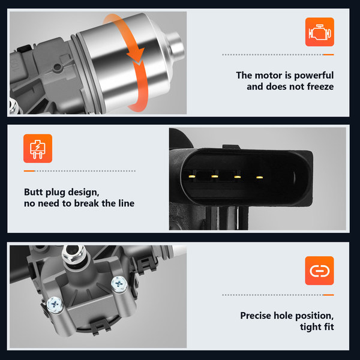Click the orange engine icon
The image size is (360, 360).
point(319,32)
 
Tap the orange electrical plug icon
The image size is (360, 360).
point(38,149)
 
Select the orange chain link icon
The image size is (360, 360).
point(319,271)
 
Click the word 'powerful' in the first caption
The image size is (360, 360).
point(314,76)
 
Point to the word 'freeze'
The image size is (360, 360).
point(320,86)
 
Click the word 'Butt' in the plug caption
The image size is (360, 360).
point(33,192)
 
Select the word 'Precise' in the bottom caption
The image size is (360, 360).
point(256,316)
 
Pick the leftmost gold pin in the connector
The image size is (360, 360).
point(191,176)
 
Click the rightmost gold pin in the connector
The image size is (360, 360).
point(259,177)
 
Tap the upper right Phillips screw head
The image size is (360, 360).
point(119,284)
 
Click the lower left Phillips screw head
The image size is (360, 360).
point(55,305)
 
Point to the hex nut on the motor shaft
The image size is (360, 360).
point(73,253)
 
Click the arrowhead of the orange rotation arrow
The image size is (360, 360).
point(136,55)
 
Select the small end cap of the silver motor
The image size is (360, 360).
point(176,46)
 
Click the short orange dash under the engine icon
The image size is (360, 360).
point(328,55)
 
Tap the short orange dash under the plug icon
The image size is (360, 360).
point(29,171)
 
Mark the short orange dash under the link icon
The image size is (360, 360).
point(328,295)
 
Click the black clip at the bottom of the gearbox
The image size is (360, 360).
point(100,326)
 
